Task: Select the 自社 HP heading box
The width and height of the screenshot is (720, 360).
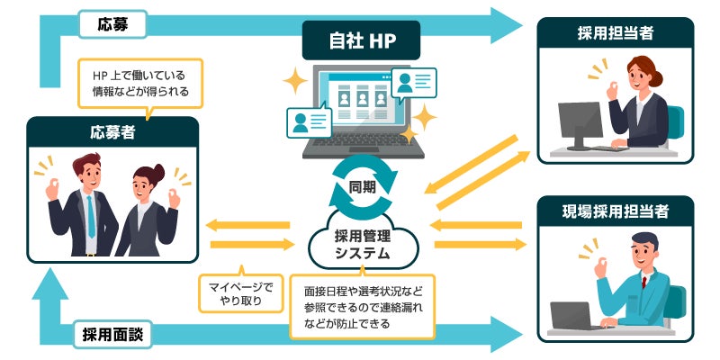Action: pos(361,40)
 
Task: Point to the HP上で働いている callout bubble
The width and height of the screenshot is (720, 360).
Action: pos(139,84)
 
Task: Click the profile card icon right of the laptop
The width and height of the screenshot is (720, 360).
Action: pos(415,84)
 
